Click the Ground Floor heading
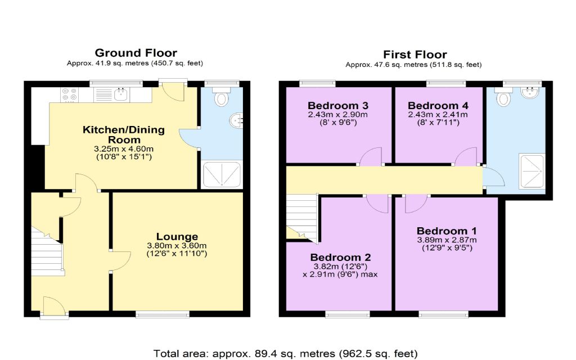136,53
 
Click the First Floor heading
415,55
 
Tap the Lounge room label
177,237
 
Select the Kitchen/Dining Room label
123,135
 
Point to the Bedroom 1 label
447,231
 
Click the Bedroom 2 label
340,258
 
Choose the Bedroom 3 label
338,106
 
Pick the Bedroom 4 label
438,106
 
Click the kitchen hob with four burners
69,94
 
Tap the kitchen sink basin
121,94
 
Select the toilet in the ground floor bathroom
221,97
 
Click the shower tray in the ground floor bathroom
222,174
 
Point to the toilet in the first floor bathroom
503,97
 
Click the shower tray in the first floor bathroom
532,171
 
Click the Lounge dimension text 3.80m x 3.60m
177,246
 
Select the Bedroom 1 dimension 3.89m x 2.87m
447,240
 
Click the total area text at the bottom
285,354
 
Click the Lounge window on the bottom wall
163,314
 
